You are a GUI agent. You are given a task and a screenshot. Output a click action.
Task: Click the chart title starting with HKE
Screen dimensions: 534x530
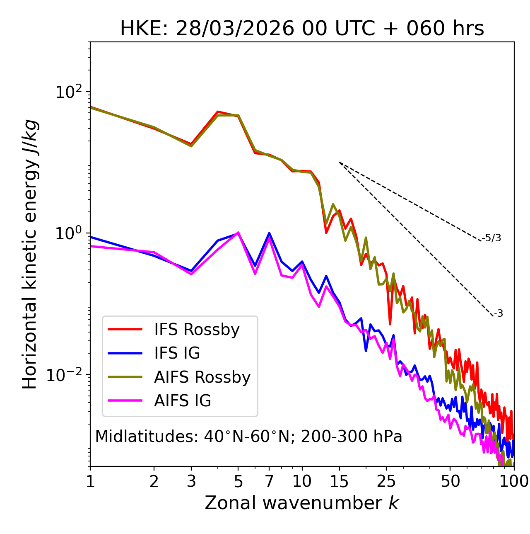point(302,29)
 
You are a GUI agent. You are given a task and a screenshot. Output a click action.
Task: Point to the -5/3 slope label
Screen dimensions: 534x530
point(491,238)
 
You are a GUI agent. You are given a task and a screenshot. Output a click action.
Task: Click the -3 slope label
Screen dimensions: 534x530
point(498,314)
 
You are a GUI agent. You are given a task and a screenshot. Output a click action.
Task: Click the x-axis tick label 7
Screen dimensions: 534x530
point(269,481)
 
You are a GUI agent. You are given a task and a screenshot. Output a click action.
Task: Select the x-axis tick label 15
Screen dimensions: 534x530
point(339,481)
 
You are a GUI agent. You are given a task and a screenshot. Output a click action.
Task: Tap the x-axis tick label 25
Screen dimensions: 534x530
point(386,481)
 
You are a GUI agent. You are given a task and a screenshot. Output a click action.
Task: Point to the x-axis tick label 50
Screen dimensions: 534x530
point(450,481)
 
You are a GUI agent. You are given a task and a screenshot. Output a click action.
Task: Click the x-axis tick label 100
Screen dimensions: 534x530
point(514,481)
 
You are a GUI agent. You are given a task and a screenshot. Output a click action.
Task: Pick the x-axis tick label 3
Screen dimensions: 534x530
point(191,481)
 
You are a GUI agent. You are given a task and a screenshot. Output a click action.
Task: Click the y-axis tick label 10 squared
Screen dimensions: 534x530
point(69,92)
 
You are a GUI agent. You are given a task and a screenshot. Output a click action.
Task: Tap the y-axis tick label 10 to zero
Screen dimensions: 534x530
point(69,233)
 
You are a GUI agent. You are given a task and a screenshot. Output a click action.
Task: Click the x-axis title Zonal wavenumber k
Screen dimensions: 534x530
point(301,503)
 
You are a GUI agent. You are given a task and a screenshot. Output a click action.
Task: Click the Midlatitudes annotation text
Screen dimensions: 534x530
point(248,437)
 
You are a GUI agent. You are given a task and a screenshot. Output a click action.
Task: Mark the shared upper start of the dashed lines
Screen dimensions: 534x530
point(340,163)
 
